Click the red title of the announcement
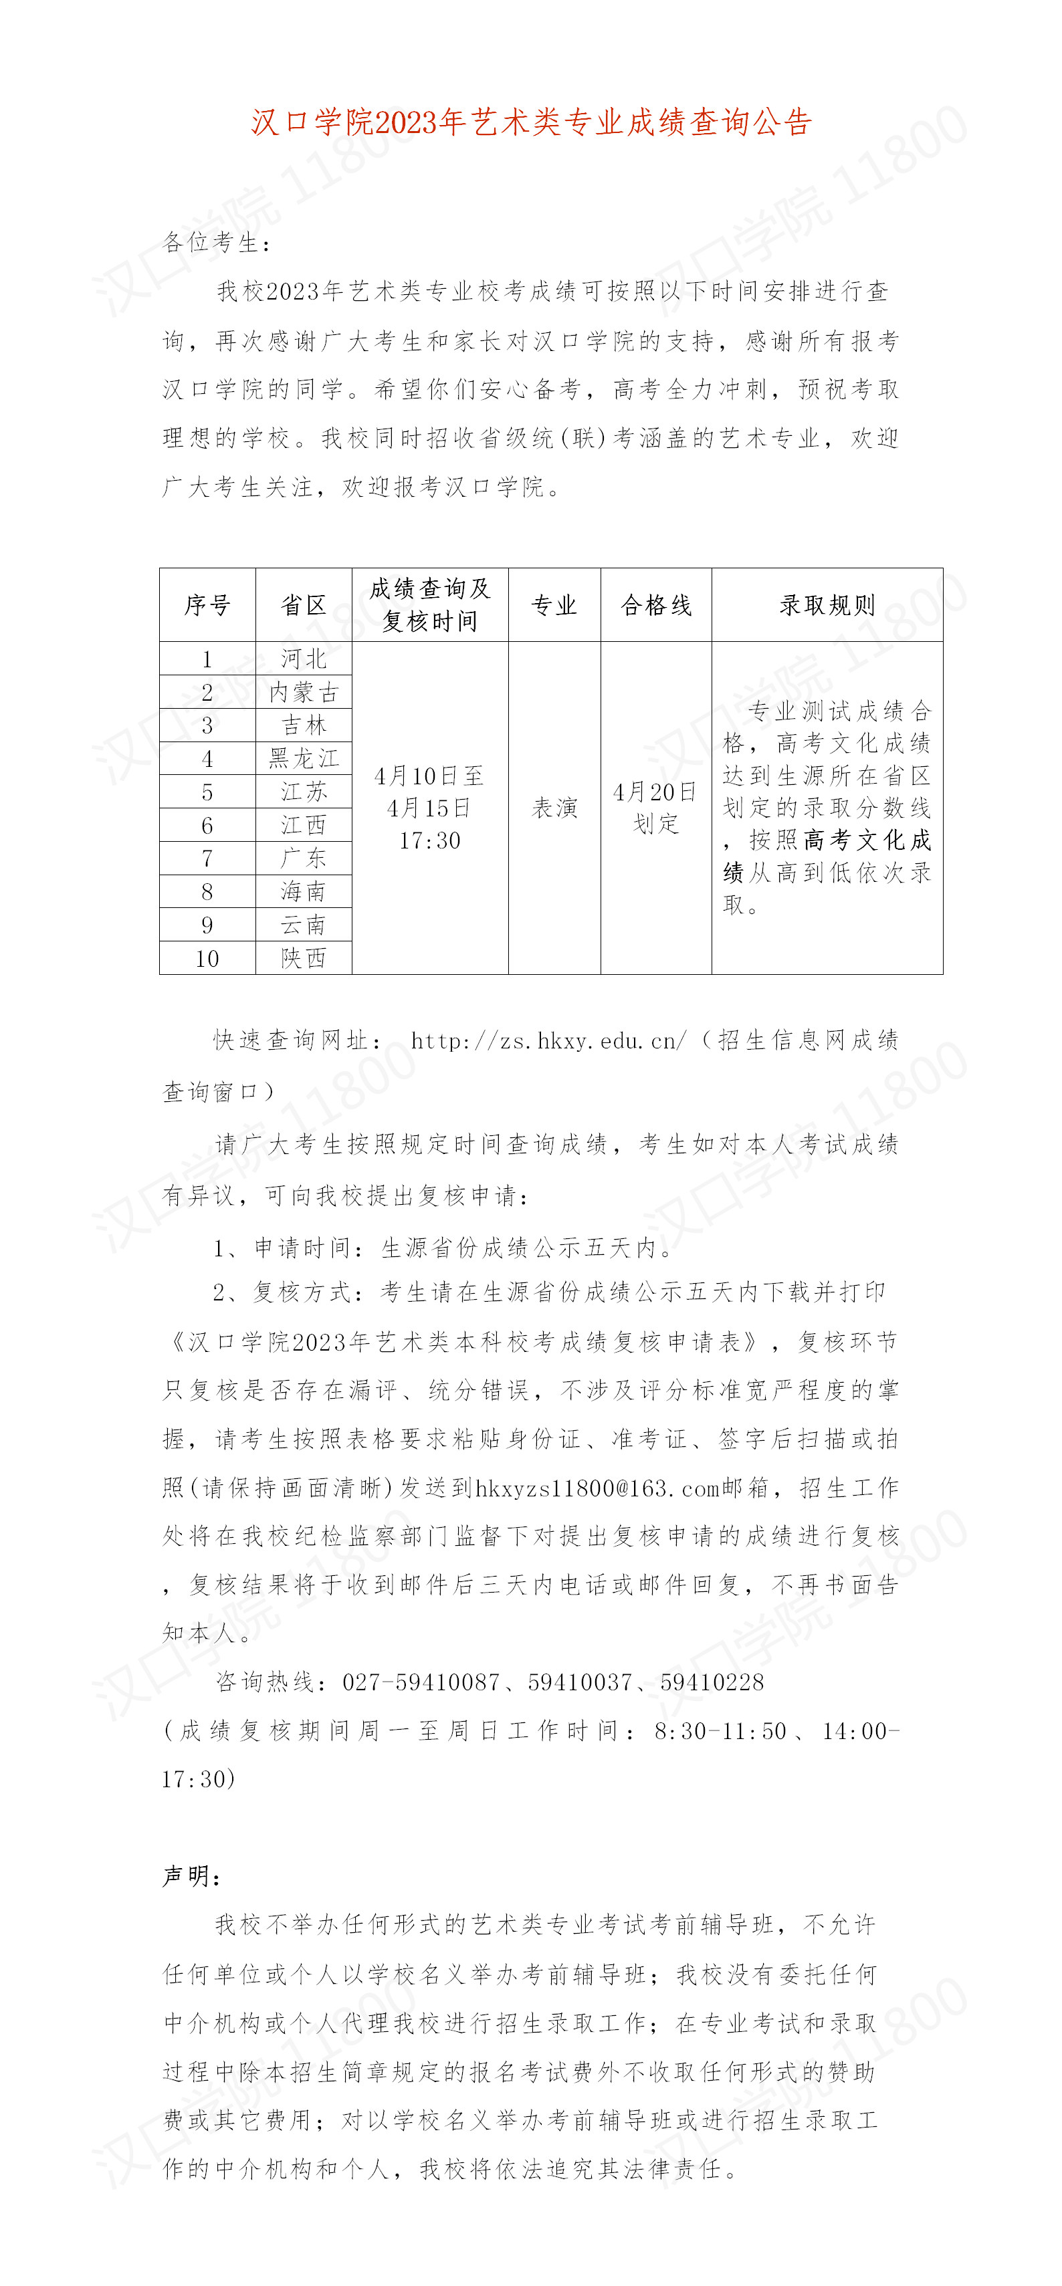531,122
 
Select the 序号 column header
207,605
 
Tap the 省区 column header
304,605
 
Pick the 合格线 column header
655,605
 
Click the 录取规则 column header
827,605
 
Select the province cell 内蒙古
304,692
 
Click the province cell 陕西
304,958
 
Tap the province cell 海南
304,892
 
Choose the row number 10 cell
207,958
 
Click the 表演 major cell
554,808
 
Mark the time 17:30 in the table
430,840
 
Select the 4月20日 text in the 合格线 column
655,792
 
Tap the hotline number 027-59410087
421,1682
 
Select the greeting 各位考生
216,242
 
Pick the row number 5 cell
207,792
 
